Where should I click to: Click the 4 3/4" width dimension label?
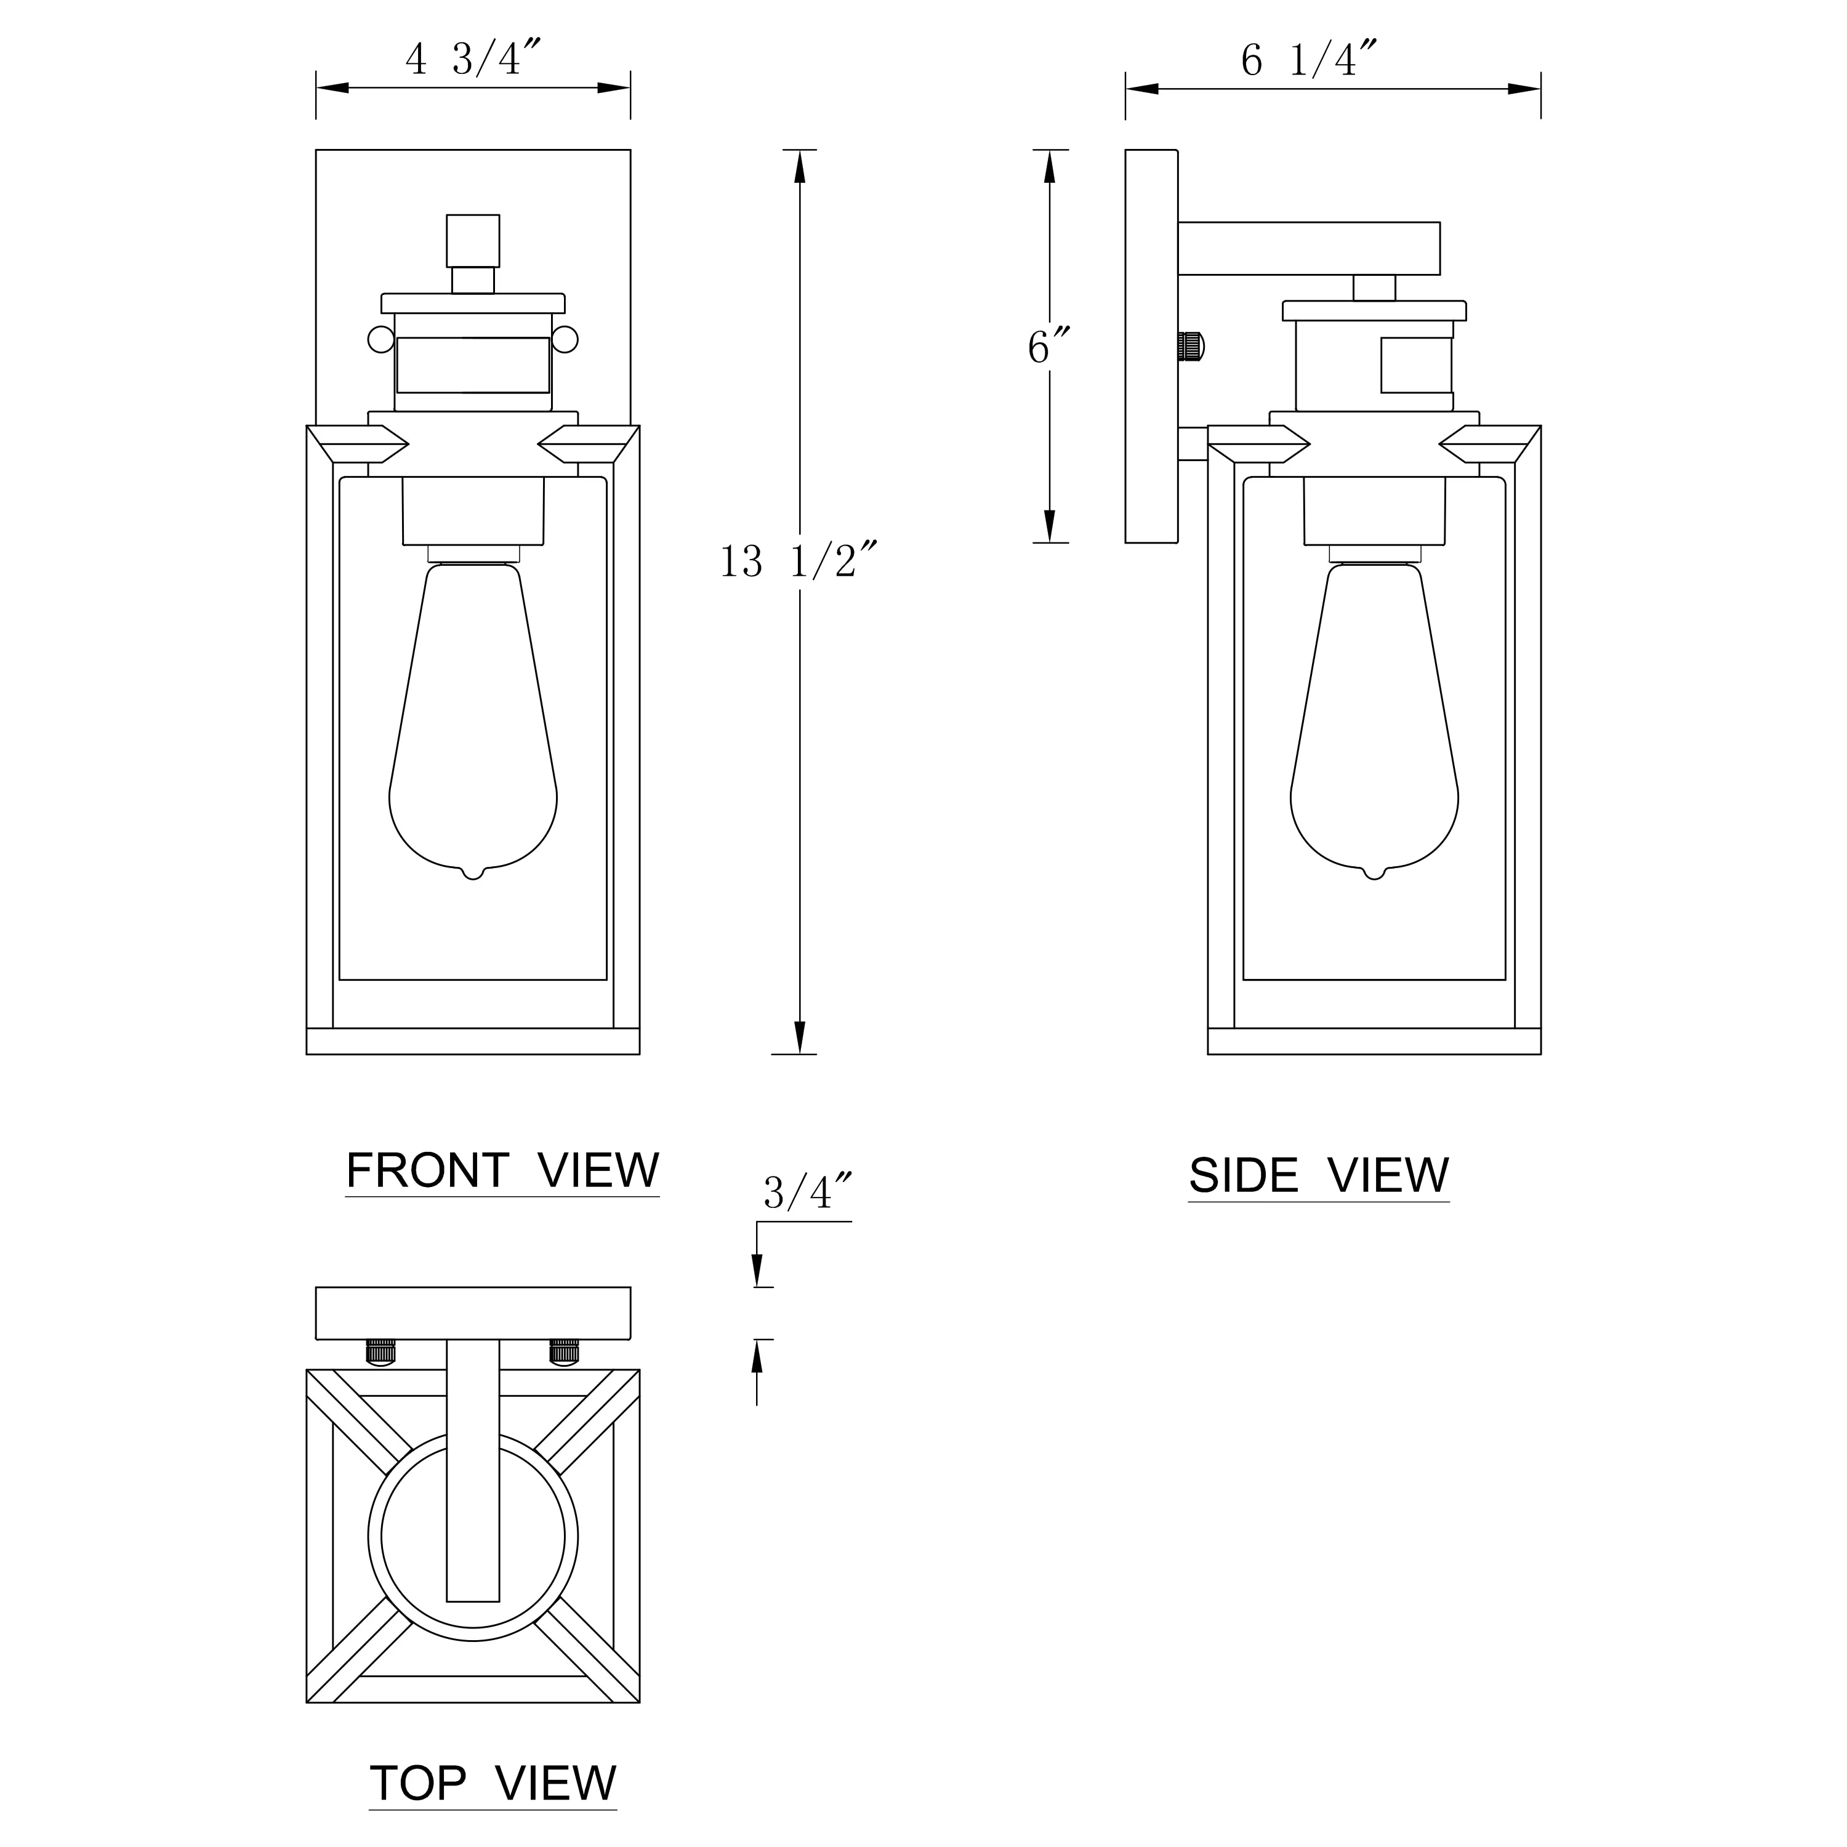473,59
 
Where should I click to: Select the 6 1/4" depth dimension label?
1309,59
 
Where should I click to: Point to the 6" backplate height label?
1048,347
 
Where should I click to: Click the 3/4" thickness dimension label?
806,1192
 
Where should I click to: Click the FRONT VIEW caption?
502,1170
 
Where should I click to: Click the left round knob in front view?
380,339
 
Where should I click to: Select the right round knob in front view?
565,339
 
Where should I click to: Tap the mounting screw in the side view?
1191,346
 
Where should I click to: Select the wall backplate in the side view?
1151,346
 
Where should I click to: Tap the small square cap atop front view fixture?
473,241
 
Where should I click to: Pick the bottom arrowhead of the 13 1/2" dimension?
799,1038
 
